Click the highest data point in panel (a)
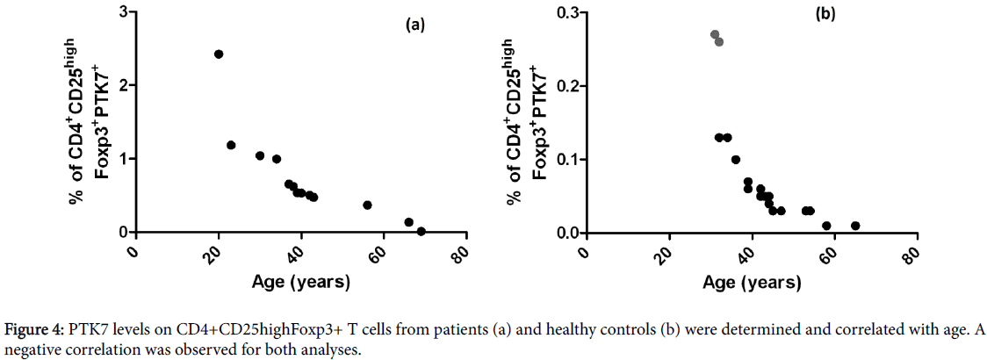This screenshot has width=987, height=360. pyautogui.click(x=219, y=54)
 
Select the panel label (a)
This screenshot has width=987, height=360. pyautogui.click(x=414, y=25)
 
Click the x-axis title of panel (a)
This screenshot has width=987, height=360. pyautogui.click(x=301, y=282)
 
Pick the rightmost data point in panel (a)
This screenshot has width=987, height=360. pyautogui.click(x=421, y=232)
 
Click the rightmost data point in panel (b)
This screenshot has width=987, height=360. pyautogui.click(x=855, y=226)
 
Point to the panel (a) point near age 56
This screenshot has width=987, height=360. pyautogui.click(x=367, y=205)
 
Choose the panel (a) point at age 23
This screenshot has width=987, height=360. pyautogui.click(x=231, y=145)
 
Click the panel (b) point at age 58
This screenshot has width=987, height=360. pyautogui.click(x=826, y=226)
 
